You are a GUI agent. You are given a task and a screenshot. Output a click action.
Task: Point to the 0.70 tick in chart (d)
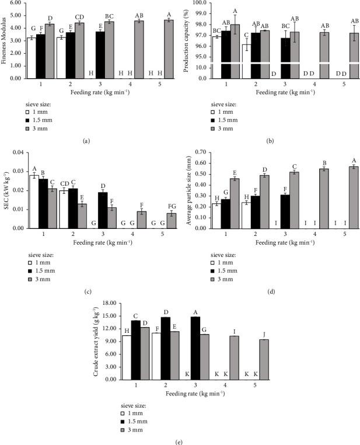(202, 153)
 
